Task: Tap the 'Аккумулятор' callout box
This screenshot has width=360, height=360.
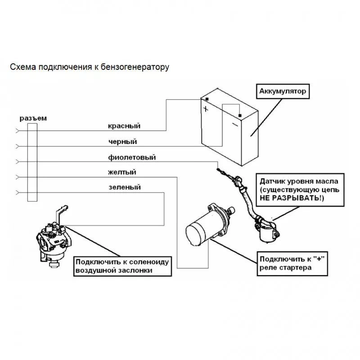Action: pos(283,91)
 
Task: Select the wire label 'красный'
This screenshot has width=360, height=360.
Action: pos(124,126)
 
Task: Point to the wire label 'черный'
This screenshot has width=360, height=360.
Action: pos(122,142)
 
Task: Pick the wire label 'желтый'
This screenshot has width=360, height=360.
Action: pos(122,172)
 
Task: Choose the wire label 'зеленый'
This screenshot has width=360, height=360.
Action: pos(125,187)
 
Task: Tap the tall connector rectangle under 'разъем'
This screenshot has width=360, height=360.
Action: pos(32,162)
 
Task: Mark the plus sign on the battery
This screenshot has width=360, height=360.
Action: pos(206,109)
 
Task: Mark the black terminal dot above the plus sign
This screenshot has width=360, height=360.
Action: pos(207,99)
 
